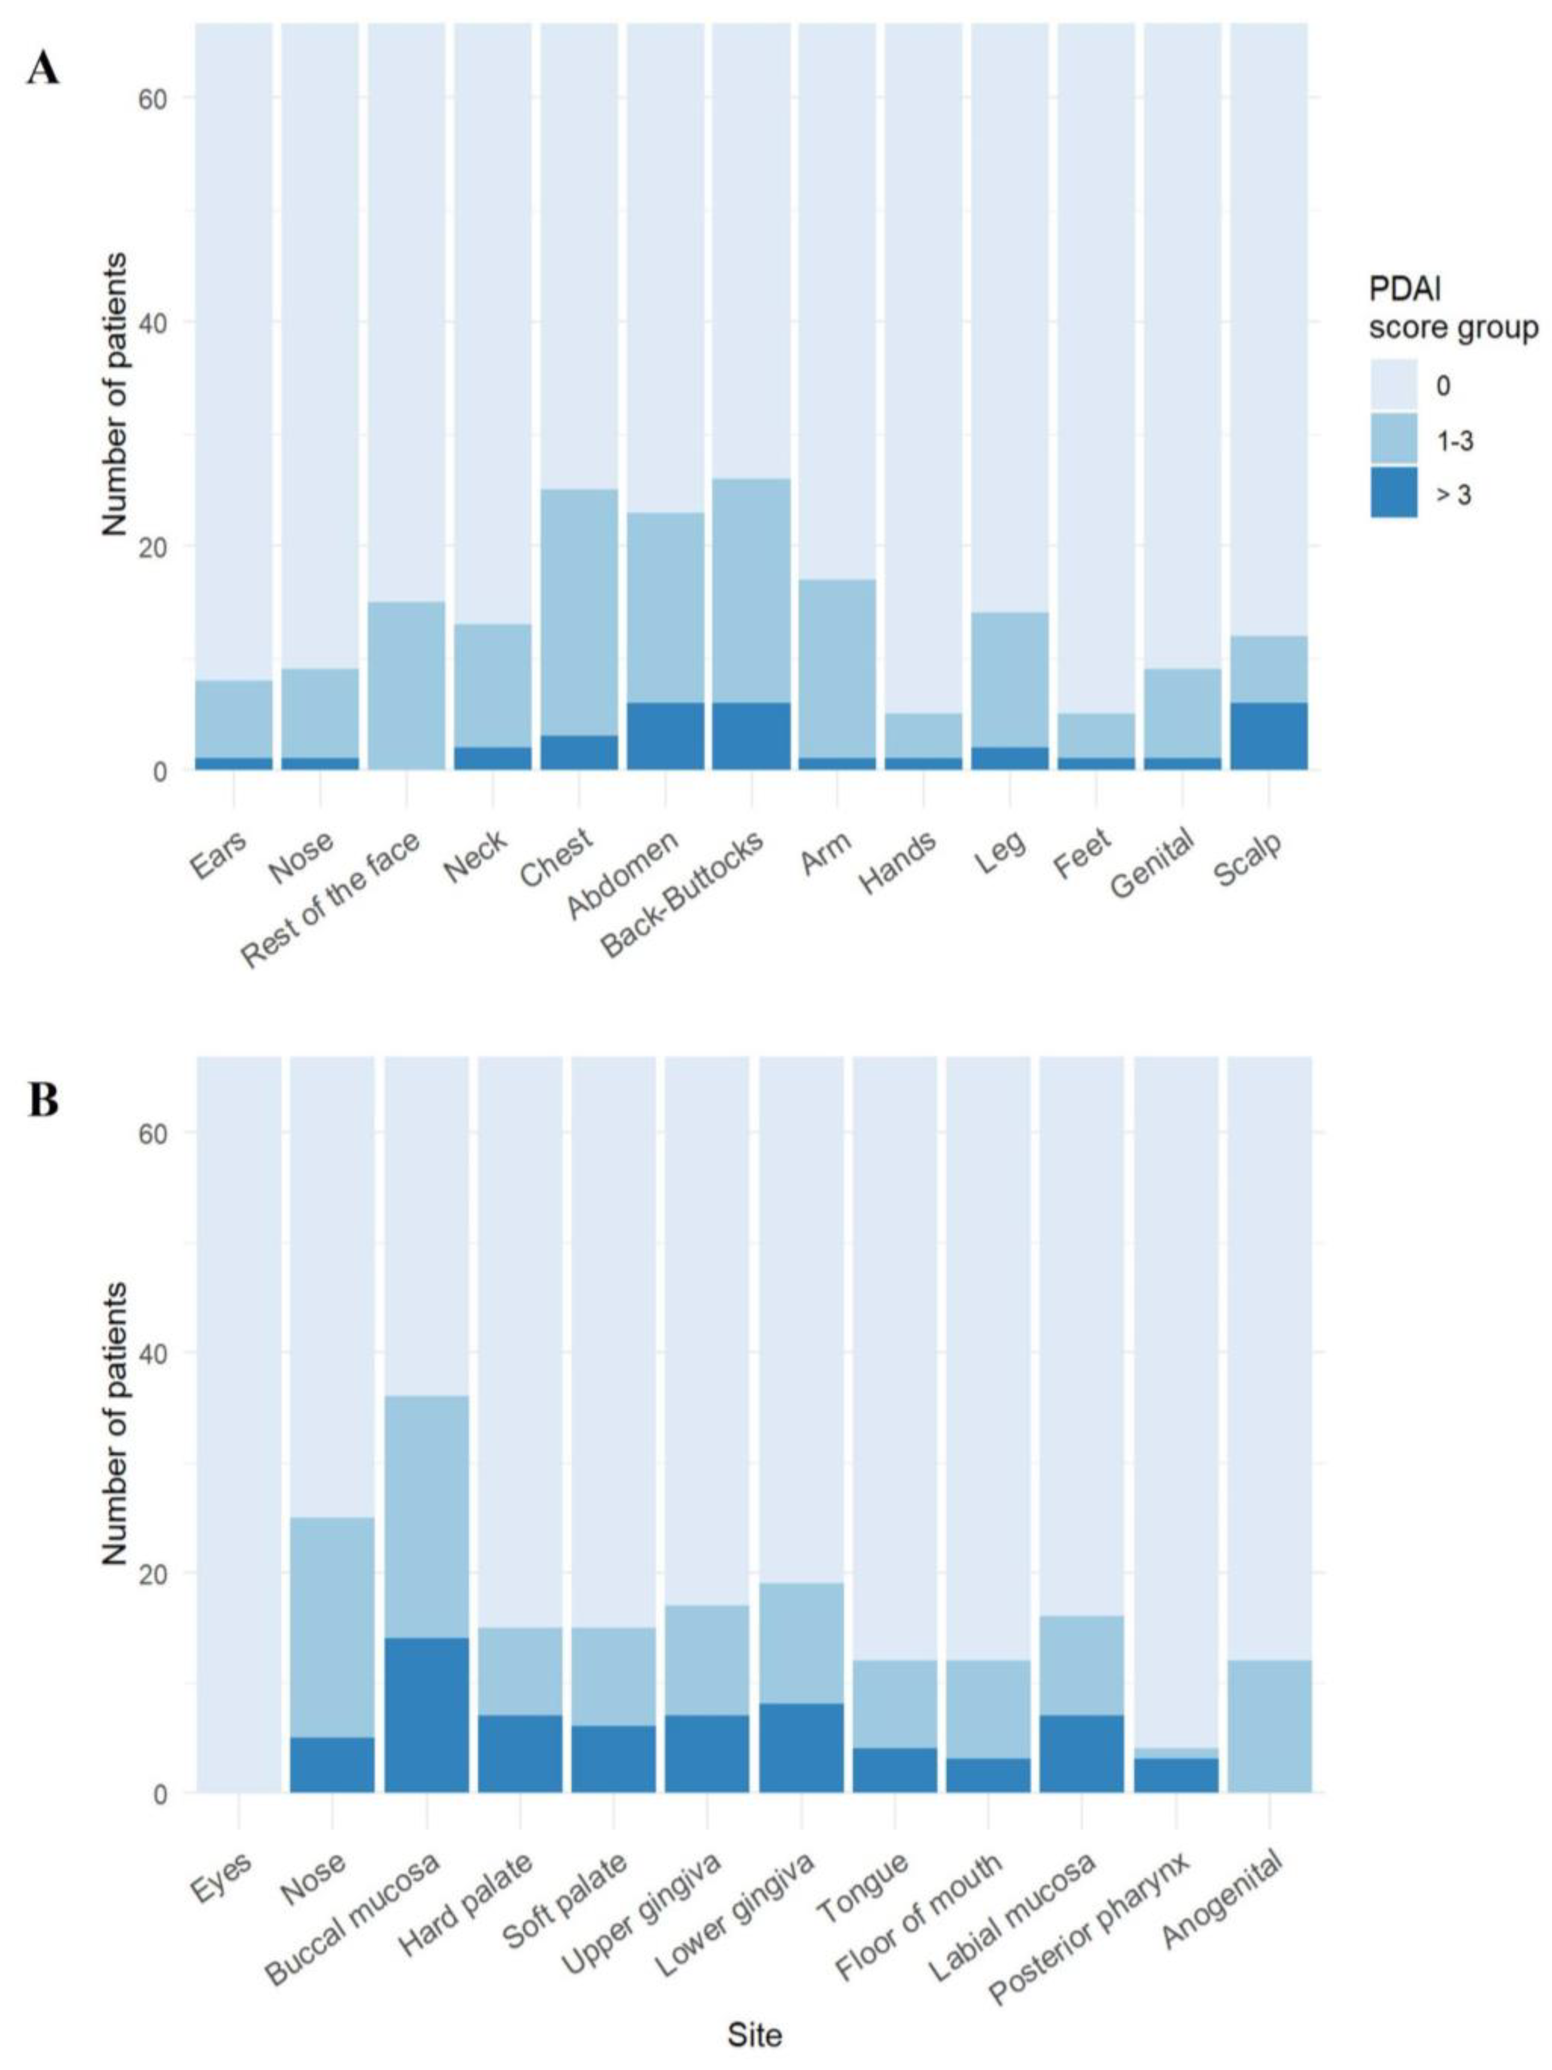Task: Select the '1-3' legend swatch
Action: pos(1394,439)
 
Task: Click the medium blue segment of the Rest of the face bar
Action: pos(406,685)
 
